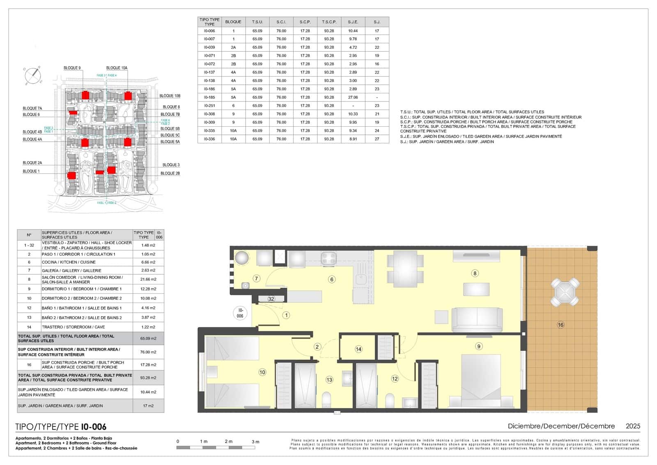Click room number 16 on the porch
(561, 325)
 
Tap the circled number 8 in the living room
(475, 273)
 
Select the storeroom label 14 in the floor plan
(358, 349)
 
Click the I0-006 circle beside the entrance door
(240, 313)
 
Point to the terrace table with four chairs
(565, 292)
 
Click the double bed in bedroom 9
(480, 380)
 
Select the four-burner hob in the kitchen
(329, 258)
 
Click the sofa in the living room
(477, 319)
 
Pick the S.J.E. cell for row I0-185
(353, 97)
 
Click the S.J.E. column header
(353, 22)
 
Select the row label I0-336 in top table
(209, 139)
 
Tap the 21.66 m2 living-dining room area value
(148, 280)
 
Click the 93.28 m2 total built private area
(148, 377)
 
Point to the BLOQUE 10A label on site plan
(117, 68)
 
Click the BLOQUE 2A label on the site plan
(32, 163)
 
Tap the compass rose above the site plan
(32, 76)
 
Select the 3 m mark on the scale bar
(255, 442)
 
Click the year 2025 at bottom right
(632, 426)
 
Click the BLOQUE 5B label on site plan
(170, 129)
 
